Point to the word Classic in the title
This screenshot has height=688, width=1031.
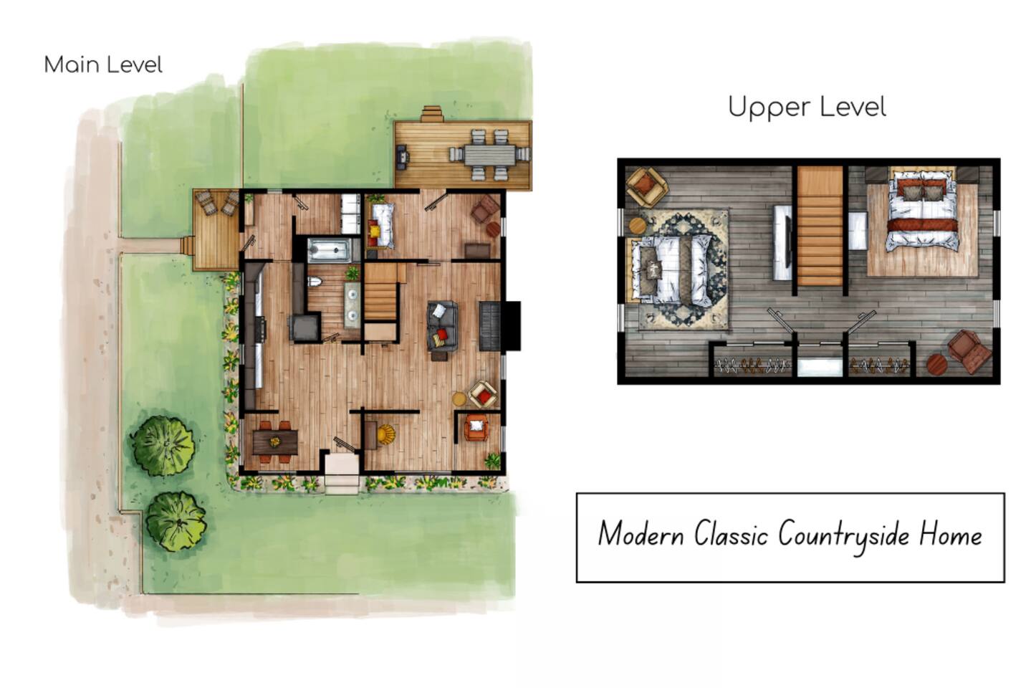tap(732, 534)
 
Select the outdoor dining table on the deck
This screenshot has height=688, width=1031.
tap(490, 156)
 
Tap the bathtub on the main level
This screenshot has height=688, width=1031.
tap(330, 251)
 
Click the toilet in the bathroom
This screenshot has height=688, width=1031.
tap(315, 282)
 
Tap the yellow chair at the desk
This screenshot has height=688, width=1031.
tap(385, 434)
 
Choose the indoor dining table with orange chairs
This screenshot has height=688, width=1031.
tap(275, 441)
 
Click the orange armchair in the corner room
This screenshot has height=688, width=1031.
tap(476, 428)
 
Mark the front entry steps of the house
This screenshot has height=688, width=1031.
tap(342, 473)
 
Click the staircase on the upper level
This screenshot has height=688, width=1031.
tap(820, 226)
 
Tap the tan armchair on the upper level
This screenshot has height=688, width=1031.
tap(647, 186)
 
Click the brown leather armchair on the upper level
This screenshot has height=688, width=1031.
tap(969, 351)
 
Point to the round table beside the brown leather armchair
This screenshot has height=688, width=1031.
tap(937, 364)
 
